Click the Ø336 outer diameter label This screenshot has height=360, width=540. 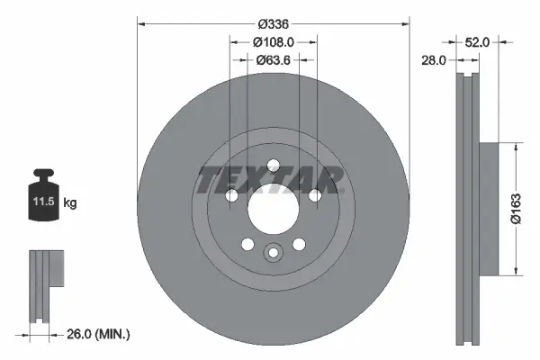(x=273, y=24)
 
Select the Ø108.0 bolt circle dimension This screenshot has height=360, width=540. (x=273, y=42)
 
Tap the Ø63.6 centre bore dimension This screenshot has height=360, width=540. (x=273, y=61)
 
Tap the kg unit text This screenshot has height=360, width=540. (x=70, y=204)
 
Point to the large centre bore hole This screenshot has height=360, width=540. (x=273, y=216)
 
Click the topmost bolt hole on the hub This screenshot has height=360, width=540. (x=273, y=165)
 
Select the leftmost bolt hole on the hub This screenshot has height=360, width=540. (x=231, y=196)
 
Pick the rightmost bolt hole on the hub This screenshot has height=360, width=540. (x=314, y=196)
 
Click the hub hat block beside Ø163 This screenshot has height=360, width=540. (x=487, y=209)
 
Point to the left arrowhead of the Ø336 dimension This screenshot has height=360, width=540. (x=140, y=24)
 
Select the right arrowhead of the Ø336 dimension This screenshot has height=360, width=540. (x=406, y=24)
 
